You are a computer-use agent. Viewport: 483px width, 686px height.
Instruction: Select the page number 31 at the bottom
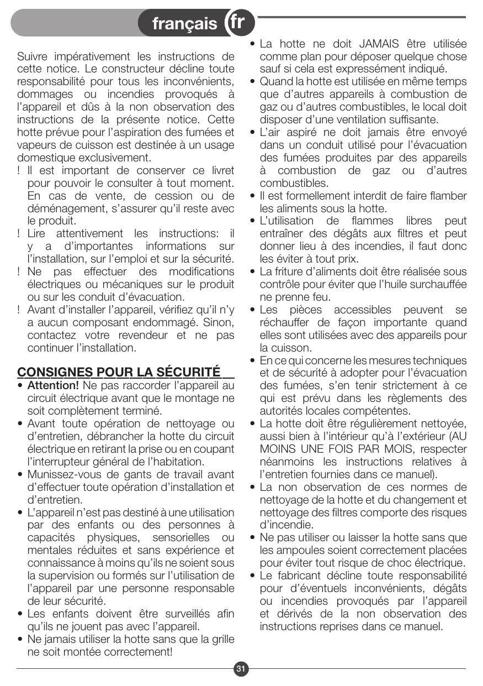click(x=241, y=669)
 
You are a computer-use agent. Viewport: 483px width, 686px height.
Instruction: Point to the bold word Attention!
click(x=53, y=385)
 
